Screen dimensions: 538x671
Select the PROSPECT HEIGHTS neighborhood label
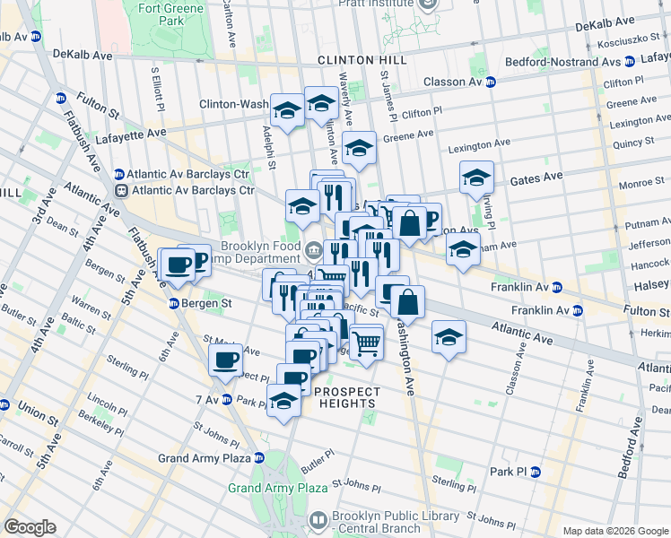347,397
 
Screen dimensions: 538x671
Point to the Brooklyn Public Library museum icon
318,520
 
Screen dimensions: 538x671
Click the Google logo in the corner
30,526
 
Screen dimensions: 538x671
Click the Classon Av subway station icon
491,82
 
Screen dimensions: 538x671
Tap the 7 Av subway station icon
227,399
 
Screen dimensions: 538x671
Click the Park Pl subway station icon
536,472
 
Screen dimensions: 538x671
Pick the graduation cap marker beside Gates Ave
477,177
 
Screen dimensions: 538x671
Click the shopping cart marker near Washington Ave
366,342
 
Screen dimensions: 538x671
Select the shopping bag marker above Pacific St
407,303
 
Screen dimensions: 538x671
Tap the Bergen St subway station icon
175,304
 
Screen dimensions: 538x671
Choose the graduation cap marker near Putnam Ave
463,250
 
